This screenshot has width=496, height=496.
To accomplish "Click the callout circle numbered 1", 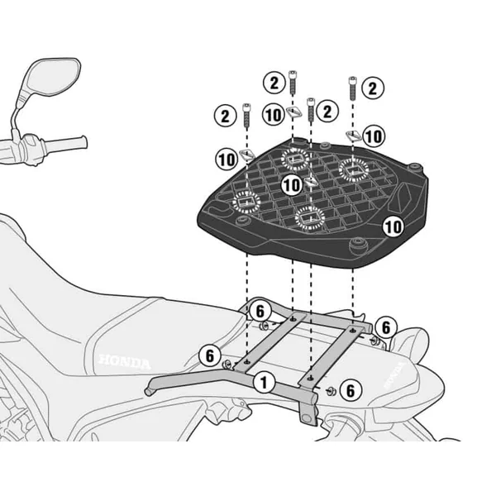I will (264, 382).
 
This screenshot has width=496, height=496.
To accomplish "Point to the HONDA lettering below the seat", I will (124, 362).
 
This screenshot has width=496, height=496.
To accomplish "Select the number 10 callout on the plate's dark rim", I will (393, 225).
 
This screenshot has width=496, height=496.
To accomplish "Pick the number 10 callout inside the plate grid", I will (290, 186).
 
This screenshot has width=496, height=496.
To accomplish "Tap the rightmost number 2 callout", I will (374, 88).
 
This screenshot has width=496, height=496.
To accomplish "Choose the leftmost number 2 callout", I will (224, 117).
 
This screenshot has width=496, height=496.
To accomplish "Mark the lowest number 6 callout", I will (350, 389).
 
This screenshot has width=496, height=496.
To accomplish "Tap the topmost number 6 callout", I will (259, 311).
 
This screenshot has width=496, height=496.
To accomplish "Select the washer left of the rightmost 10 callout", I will (352, 134).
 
